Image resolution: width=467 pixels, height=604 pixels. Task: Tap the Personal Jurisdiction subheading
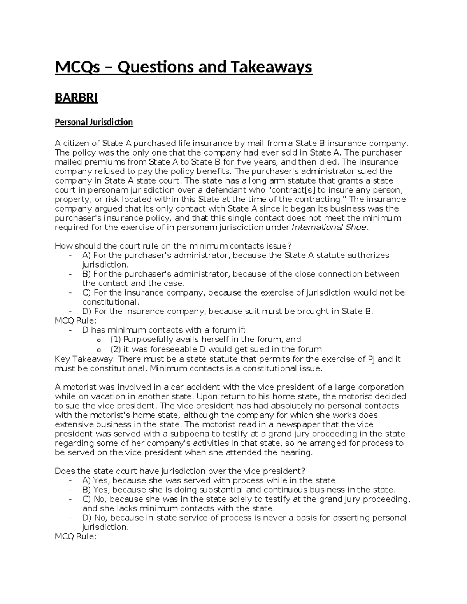tap(94, 122)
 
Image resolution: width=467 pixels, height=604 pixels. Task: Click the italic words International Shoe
tap(329, 228)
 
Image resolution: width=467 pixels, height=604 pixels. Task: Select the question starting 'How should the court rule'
tap(173, 246)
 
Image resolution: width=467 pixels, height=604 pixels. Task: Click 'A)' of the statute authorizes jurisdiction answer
tap(86, 256)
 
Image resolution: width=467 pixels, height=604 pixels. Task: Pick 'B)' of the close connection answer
tap(86, 274)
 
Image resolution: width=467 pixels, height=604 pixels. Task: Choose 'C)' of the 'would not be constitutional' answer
tap(87, 293)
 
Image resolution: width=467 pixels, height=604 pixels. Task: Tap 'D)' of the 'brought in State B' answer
tap(87, 312)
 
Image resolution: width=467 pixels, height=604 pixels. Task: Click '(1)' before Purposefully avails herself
tap(116, 340)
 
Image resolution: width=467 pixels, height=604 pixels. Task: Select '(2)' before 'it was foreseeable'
tap(116, 349)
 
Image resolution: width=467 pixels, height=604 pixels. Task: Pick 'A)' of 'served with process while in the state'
tap(86, 481)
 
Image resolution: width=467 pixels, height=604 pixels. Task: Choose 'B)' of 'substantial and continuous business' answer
tap(86, 490)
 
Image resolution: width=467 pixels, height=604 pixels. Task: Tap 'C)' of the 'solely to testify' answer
tap(87, 499)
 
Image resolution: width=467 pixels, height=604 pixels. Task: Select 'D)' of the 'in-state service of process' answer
tap(87, 518)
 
